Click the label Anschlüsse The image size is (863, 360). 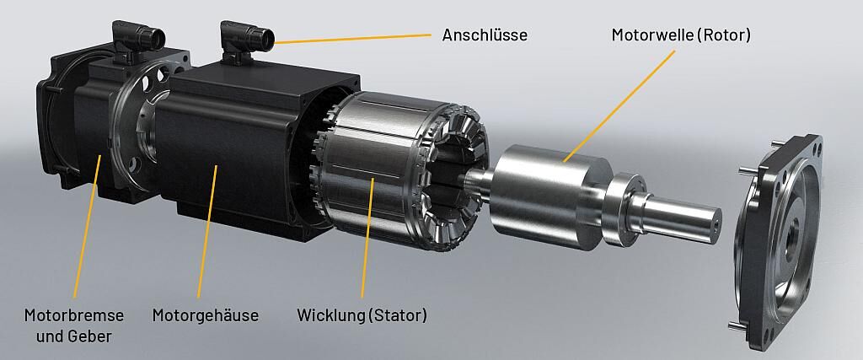485,35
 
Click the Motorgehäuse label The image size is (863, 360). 206,315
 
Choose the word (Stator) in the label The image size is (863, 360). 398,315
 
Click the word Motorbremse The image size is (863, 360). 74,315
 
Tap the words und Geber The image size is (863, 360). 74,336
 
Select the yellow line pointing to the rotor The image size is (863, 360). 619,105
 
